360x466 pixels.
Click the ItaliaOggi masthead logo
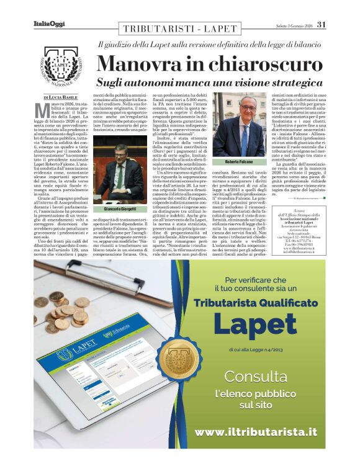(48, 24)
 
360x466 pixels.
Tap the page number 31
(320, 24)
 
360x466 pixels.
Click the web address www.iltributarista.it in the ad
(255, 431)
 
